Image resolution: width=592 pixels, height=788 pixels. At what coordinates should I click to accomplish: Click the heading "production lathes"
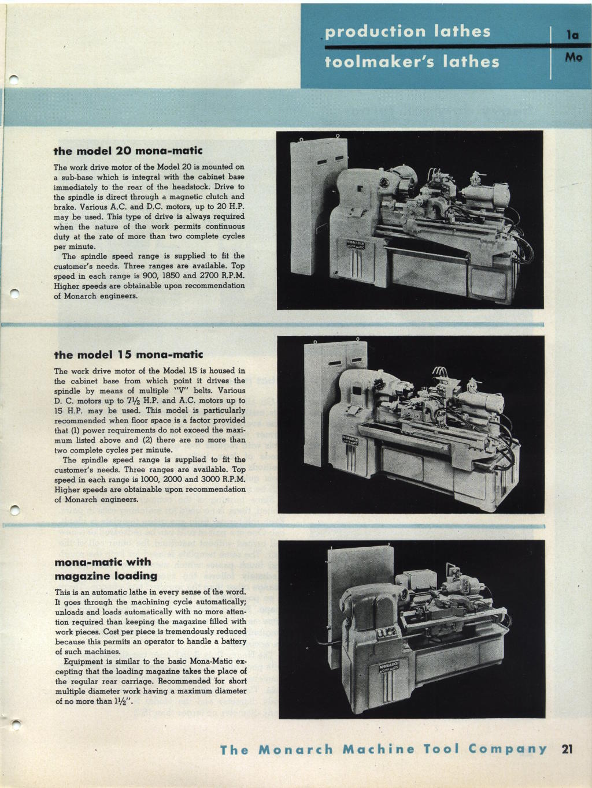408,31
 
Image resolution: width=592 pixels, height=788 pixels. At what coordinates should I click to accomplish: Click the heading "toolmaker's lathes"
412,61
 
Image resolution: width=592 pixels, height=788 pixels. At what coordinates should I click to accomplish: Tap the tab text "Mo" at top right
573,57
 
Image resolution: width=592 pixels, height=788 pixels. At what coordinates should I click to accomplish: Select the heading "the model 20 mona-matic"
128,151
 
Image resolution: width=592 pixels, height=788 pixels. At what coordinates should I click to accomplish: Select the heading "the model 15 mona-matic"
128,354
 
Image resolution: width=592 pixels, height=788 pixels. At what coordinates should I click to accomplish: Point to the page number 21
567,749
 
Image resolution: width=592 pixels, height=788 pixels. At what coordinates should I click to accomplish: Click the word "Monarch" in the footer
295,749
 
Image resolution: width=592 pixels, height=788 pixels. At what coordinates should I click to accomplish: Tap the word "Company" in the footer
508,749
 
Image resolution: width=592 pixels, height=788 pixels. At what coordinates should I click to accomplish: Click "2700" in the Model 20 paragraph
210,275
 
